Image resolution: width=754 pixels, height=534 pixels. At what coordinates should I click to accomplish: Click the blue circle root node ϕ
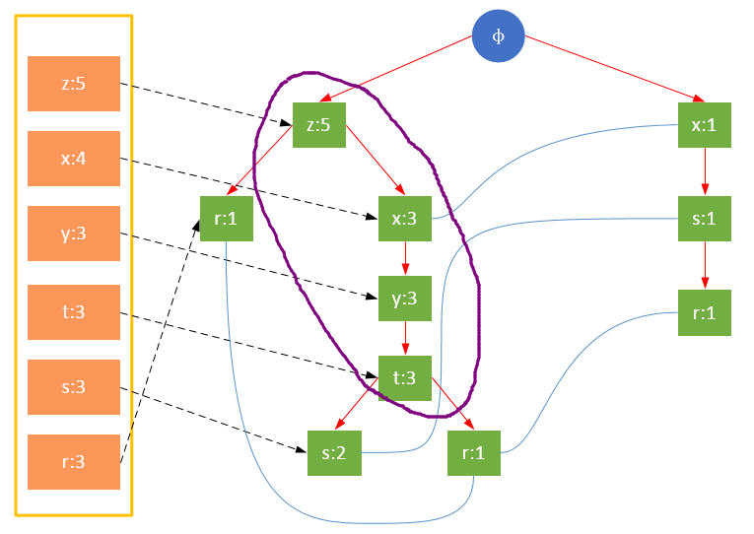[x=498, y=36]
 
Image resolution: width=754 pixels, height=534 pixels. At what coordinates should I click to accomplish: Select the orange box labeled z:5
[x=74, y=84]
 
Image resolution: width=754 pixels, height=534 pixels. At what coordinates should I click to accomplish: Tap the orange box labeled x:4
[x=74, y=159]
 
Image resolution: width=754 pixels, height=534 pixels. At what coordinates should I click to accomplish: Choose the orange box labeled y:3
[x=74, y=234]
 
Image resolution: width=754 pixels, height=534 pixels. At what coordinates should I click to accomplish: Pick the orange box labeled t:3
[x=74, y=312]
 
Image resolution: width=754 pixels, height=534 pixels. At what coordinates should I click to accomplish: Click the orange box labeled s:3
[x=74, y=387]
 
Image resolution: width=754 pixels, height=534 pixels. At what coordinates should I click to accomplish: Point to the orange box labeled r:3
[x=74, y=462]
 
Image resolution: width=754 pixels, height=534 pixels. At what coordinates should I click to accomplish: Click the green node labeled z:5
[x=318, y=124]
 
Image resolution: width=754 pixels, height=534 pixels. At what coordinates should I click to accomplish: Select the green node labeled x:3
[x=405, y=218]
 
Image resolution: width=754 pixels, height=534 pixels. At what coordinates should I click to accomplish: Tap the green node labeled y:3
[x=405, y=298]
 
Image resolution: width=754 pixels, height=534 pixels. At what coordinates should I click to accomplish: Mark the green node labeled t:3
[x=405, y=376]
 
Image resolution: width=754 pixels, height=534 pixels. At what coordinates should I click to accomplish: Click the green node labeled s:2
[x=334, y=453]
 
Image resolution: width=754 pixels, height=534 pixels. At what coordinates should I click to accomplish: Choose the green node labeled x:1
[x=705, y=124]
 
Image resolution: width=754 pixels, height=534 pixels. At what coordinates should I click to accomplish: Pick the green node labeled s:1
[x=705, y=218]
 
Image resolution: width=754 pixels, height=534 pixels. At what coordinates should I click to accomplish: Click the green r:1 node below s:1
[x=705, y=312]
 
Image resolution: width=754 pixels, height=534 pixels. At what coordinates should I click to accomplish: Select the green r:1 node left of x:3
[x=226, y=218]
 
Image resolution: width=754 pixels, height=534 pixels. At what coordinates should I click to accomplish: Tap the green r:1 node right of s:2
[x=475, y=453]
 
